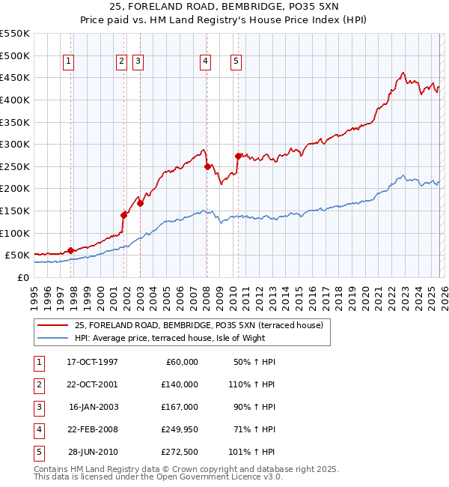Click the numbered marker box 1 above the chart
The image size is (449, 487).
(x=68, y=62)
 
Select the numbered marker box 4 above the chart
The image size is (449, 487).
(x=204, y=62)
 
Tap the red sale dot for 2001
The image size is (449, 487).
(x=123, y=214)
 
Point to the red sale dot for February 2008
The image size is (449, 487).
(x=207, y=166)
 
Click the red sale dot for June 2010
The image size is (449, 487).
(x=238, y=156)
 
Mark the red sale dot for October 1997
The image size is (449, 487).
(x=70, y=250)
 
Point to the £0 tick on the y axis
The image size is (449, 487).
(x=22, y=277)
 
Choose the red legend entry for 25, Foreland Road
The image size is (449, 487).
(x=198, y=325)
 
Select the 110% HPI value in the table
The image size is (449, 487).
(x=257, y=384)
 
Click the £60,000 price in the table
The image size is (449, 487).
(x=181, y=362)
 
